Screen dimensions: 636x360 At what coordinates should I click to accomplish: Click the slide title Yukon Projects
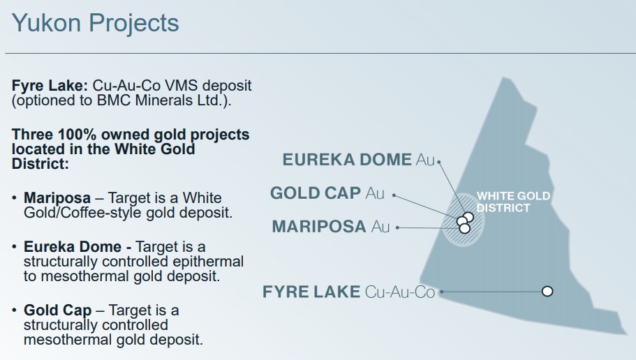pos(96,24)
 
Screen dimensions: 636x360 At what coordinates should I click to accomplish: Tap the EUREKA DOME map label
pos(347,160)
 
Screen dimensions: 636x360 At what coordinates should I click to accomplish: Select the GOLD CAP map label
pos(316,193)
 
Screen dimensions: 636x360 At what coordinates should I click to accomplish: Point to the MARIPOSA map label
pos(319,226)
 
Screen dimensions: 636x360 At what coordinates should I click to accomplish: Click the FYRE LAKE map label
pos(311,292)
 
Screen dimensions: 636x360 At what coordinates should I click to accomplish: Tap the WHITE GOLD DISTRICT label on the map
pos(513,202)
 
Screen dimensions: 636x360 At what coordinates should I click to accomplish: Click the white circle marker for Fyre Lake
pos(547,291)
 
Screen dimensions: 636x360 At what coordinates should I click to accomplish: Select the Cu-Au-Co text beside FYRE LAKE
pos(400,292)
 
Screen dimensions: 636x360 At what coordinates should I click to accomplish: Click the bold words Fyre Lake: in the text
pos(50,87)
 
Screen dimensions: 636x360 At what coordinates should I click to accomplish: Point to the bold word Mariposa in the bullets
pos(57,198)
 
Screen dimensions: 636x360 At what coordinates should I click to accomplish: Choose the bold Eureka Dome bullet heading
pos(73,247)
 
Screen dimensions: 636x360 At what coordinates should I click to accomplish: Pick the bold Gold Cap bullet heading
pos(58,310)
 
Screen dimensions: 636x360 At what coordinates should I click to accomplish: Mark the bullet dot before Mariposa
pos(15,198)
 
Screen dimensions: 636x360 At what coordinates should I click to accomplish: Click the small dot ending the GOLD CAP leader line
pos(394,195)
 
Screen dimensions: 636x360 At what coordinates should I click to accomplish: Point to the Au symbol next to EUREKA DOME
pos(425,160)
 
